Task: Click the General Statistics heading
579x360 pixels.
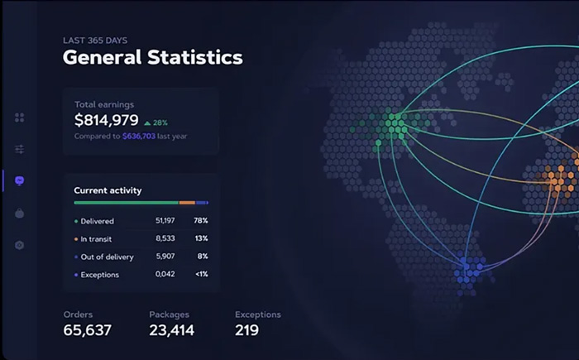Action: pos(153,57)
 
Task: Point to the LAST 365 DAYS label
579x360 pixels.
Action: pos(95,41)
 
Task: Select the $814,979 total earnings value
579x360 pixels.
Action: pos(107,120)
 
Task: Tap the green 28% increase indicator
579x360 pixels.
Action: pos(156,122)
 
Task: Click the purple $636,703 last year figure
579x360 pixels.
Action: pos(139,136)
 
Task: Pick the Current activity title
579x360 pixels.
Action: pos(108,190)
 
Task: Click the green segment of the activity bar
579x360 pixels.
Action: pos(127,203)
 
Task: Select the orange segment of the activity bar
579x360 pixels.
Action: pos(187,203)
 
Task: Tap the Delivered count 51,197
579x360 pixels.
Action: pos(165,221)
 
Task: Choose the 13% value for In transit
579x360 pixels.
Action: pos(201,238)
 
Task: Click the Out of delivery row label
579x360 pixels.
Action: pos(107,257)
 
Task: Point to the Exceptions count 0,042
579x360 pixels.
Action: pos(165,274)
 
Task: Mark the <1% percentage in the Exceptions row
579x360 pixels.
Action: pos(202,274)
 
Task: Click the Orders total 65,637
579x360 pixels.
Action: pos(87,330)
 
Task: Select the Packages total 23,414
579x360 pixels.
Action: pos(172,330)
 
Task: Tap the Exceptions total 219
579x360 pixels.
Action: pos(246,330)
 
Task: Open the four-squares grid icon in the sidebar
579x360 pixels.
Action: pos(20,118)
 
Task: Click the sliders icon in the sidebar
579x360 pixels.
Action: pos(20,149)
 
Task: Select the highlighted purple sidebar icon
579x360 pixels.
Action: pos(20,180)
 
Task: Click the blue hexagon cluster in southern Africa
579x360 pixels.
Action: pos(469,272)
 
